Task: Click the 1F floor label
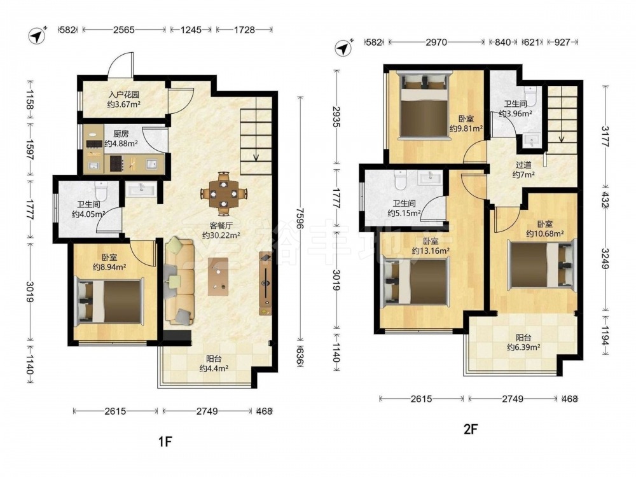(165, 441)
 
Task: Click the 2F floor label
(471, 429)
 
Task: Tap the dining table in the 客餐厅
(223, 194)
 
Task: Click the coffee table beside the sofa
(218, 277)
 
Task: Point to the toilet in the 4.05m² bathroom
(100, 191)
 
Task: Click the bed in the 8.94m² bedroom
(110, 301)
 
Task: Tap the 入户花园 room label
(124, 95)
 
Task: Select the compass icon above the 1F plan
(38, 35)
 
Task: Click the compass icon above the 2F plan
(344, 48)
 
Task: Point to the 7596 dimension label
(300, 219)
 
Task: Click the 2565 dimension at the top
(124, 30)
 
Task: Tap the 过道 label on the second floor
(523, 165)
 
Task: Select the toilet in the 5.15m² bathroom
(400, 180)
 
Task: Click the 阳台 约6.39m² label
(523, 342)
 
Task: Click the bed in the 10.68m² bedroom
(541, 265)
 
